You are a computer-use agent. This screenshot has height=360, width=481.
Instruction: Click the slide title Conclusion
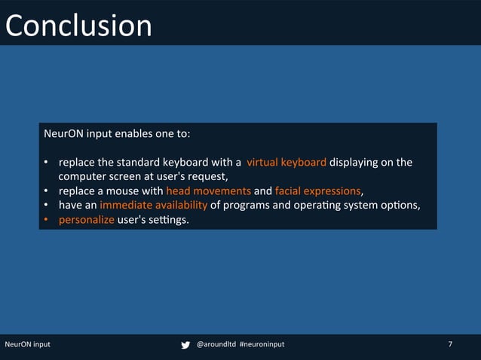point(78,25)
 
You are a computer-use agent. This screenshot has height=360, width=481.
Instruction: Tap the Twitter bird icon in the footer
point(185,345)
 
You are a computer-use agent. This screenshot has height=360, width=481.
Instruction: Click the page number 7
point(450,344)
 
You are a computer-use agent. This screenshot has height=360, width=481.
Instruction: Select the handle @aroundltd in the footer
point(215,344)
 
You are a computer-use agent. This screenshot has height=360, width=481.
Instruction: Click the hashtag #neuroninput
point(262,344)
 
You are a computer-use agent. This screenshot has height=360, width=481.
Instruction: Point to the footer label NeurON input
point(28,344)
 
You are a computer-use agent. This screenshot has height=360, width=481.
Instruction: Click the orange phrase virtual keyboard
point(286,162)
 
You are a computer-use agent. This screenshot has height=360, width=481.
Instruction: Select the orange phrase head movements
point(208,191)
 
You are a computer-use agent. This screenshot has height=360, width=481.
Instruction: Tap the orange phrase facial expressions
point(317,191)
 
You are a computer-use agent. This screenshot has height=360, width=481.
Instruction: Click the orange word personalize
point(87,219)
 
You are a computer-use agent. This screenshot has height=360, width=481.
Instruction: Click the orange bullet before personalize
point(46,219)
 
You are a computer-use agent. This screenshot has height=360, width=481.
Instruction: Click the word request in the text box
point(207,176)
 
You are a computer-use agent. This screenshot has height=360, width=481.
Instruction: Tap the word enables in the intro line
point(133,134)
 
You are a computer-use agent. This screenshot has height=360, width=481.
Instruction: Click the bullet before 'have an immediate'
point(46,205)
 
